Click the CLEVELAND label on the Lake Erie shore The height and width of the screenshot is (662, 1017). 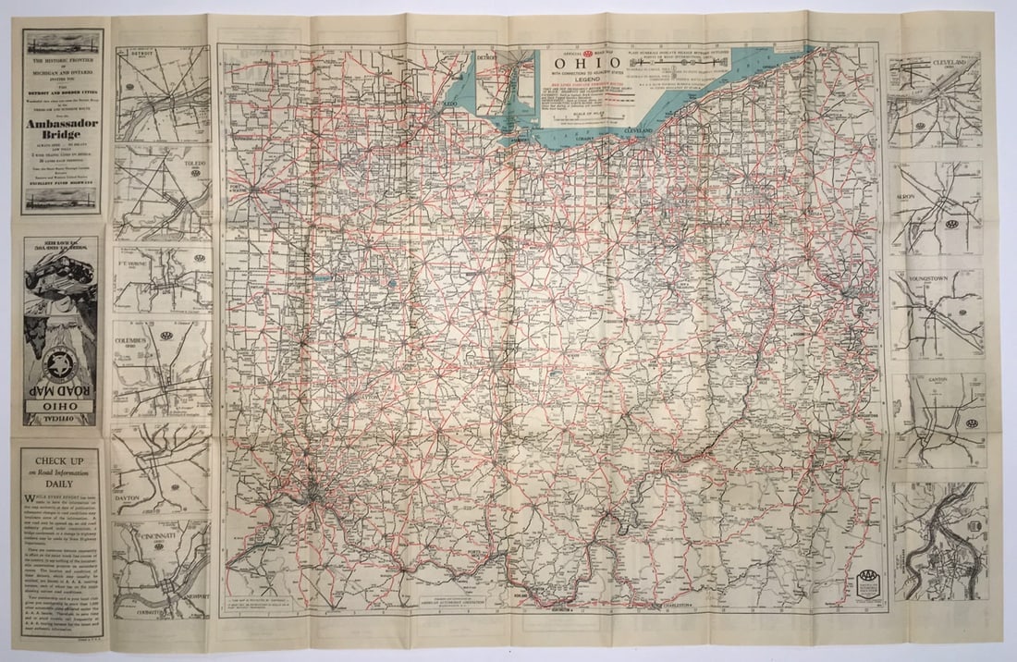[x=639, y=133]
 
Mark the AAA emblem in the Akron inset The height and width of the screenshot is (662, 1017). [x=950, y=224]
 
